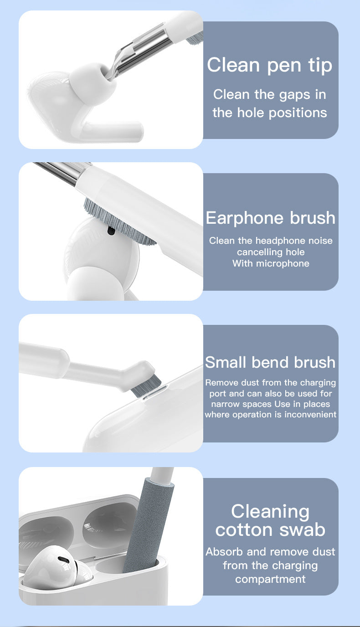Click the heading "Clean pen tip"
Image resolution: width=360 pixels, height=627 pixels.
tap(270, 65)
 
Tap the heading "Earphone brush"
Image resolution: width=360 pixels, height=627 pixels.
tap(270, 218)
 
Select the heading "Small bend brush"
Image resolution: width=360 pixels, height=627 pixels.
tap(270, 362)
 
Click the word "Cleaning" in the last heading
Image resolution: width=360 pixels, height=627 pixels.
tap(270, 511)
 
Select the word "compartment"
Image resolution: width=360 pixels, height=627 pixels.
tap(270, 579)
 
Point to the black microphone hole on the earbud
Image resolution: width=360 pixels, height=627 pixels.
tap(110, 231)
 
